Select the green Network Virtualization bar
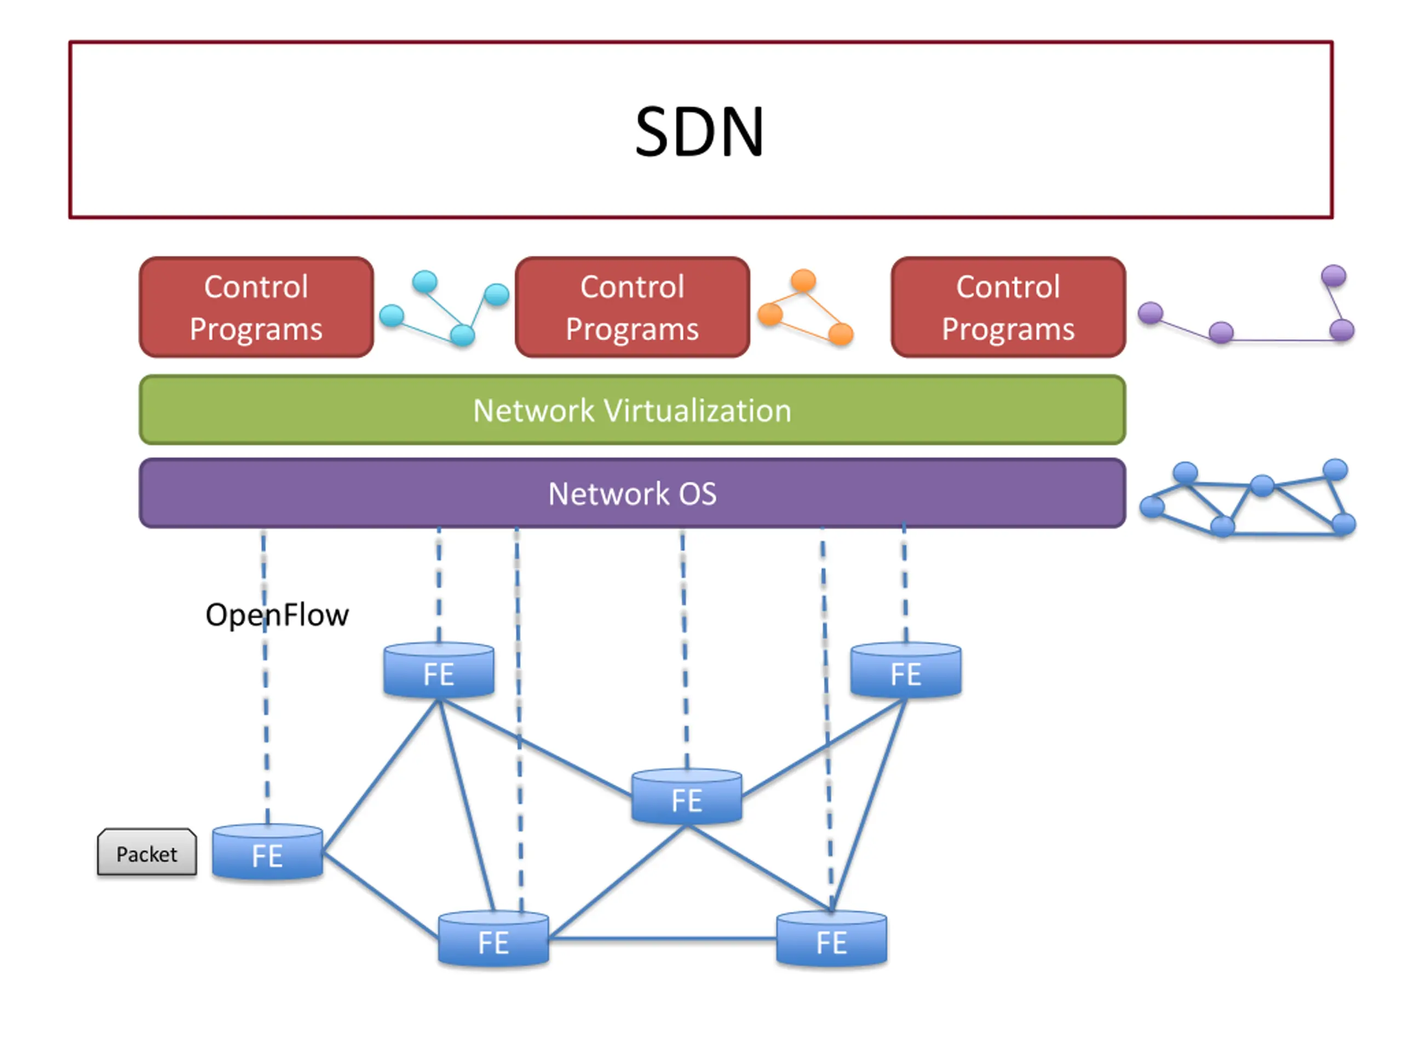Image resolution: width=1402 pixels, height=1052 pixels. [632, 410]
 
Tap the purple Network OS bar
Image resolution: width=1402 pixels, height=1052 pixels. [632, 493]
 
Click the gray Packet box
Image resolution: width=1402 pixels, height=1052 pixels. [146, 851]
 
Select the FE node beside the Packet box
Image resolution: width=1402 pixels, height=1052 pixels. [267, 851]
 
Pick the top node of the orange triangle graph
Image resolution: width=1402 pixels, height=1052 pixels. [803, 279]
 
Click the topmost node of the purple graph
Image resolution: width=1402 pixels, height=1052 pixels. [1334, 275]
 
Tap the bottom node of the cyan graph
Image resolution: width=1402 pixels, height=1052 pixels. [463, 334]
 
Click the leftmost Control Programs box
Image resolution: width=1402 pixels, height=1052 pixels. [256, 307]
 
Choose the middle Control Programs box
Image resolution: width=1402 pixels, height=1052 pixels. [632, 307]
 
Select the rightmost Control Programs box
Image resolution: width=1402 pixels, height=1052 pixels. [1008, 307]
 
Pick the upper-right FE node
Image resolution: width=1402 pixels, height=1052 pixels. [906, 670]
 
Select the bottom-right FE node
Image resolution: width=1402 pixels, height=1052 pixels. [831, 939]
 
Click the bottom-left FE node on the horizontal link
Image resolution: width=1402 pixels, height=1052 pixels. [493, 939]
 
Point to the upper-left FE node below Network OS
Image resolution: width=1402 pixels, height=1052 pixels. [439, 670]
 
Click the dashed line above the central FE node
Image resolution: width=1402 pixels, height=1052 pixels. [685, 649]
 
